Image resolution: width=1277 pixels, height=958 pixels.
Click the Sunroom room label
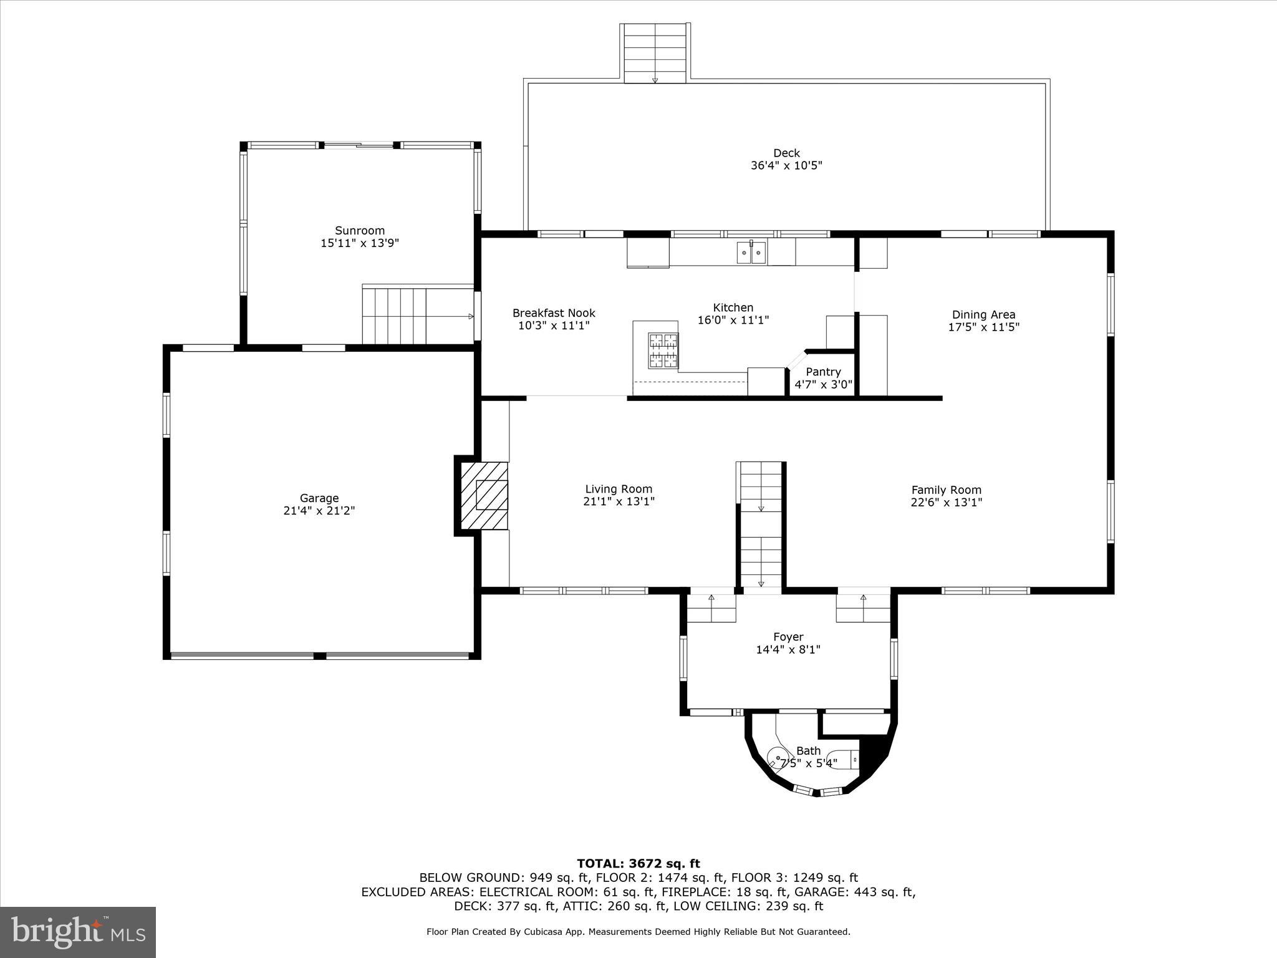point(360,230)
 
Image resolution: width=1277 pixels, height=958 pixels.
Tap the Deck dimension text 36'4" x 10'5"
point(786,166)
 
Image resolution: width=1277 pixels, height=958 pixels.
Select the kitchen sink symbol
point(751,253)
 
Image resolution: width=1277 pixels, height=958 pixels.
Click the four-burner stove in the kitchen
point(663,350)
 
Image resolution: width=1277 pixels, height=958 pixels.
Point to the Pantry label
point(823,372)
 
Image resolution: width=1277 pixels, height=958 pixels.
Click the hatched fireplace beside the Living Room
point(484,496)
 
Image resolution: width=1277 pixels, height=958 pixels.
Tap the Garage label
point(319,498)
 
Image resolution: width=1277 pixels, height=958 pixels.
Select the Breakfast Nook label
point(554,313)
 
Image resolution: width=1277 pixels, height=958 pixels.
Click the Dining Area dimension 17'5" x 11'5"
point(983,327)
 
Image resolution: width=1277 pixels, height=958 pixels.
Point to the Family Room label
point(946,490)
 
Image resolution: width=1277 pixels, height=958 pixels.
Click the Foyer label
point(788,637)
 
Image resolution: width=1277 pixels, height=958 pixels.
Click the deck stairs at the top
point(655,54)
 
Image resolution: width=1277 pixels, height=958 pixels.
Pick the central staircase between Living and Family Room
point(761,524)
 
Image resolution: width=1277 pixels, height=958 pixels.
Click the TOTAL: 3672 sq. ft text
point(638,864)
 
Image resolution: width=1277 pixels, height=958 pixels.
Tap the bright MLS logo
point(78,932)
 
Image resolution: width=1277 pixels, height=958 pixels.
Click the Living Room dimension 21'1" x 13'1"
point(619,501)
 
